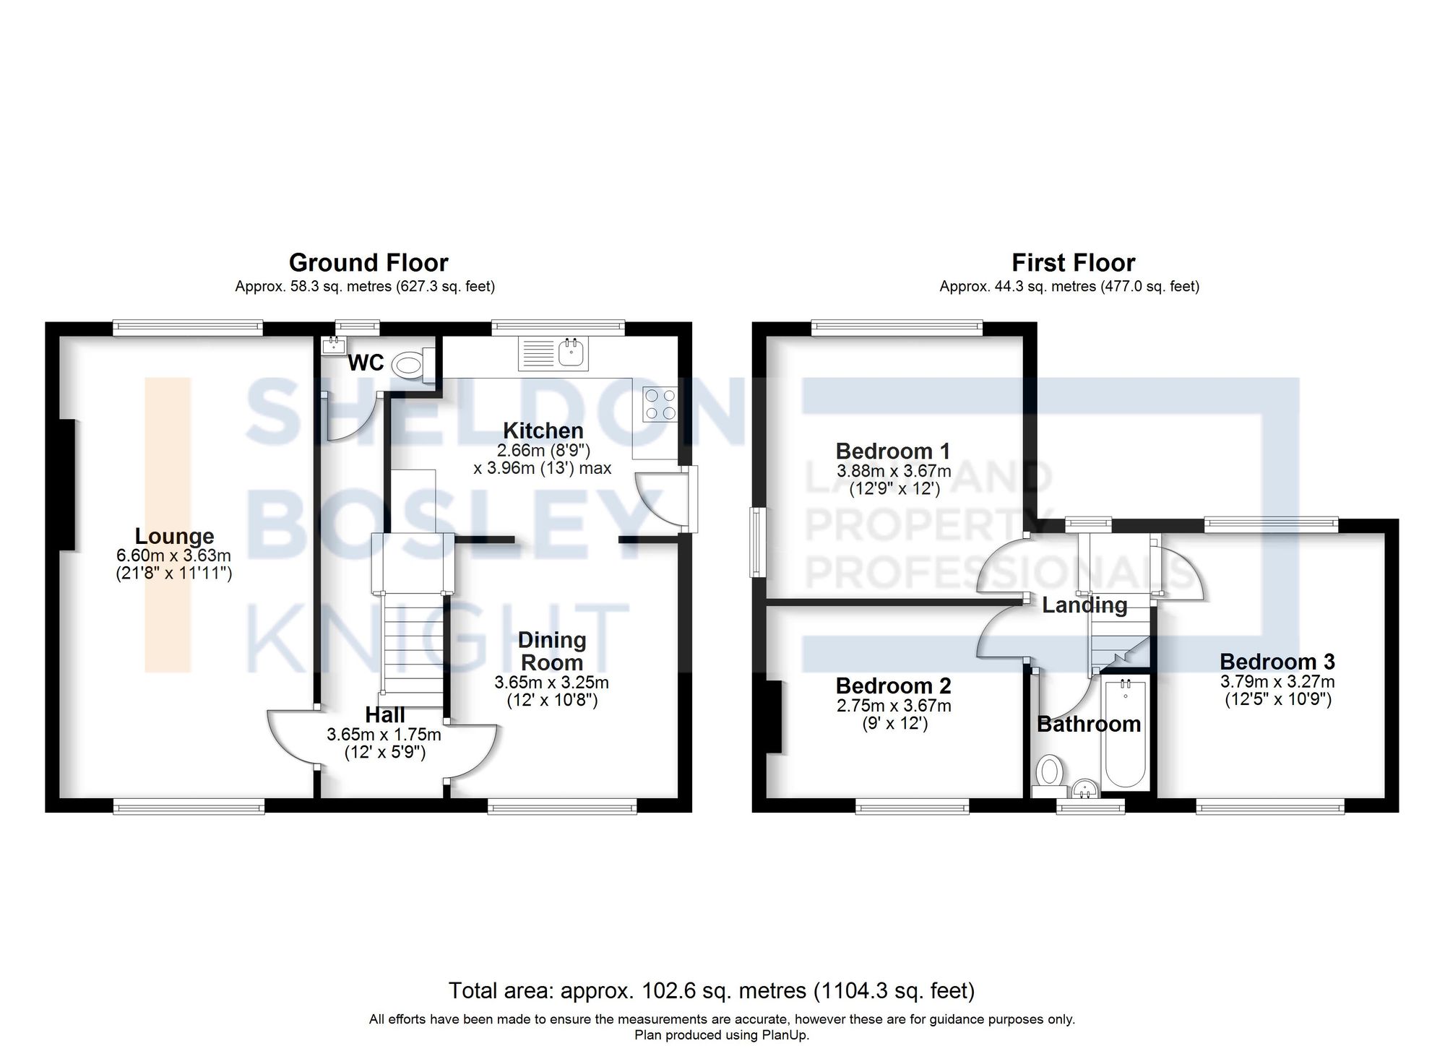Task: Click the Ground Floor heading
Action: pyautogui.click(x=368, y=262)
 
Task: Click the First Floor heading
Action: pyautogui.click(x=1073, y=262)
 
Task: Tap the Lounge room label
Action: pyautogui.click(x=175, y=536)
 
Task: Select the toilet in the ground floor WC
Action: pyautogui.click(x=410, y=364)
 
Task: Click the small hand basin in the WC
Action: pyautogui.click(x=335, y=345)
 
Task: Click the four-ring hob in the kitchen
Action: pyautogui.click(x=660, y=405)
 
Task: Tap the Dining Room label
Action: pyautogui.click(x=552, y=651)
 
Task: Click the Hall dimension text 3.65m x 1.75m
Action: pyautogui.click(x=384, y=735)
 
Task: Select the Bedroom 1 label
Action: pyautogui.click(x=893, y=451)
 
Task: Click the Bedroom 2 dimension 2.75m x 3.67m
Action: pyautogui.click(x=894, y=706)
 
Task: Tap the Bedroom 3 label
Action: pyautogui.click(x=1277, y=662)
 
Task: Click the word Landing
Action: pyautogui.click(x=1084, y=605)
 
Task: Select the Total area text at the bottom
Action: pyautogui.click(x=712, y=990)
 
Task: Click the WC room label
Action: pyautogui.click(x=366, y=363)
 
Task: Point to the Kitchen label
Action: pyautogui.click(x=543, y=431)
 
